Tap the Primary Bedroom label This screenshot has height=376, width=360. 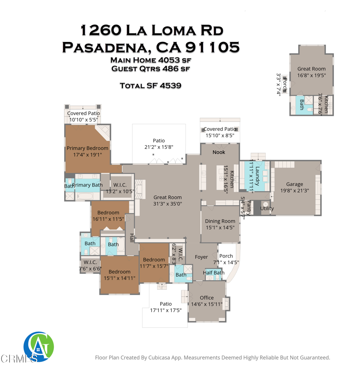[87, 148]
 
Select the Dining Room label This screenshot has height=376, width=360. [220, 221]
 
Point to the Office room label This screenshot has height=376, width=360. [207, 298]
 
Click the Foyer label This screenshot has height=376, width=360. [201, 257]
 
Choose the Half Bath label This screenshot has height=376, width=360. [214, 272]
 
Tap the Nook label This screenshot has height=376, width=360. [219, 152]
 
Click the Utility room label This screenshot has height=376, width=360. [267, 209]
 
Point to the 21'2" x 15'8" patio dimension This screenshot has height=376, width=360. [159, 147]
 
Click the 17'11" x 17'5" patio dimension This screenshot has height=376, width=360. [166, 310]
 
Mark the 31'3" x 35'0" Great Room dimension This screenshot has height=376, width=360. [167, 204]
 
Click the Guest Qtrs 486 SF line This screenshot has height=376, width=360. [150, 68]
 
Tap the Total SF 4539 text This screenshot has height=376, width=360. [150, 86]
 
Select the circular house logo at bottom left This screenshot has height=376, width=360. [39, 347]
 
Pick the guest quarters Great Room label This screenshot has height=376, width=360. [311, 69]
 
